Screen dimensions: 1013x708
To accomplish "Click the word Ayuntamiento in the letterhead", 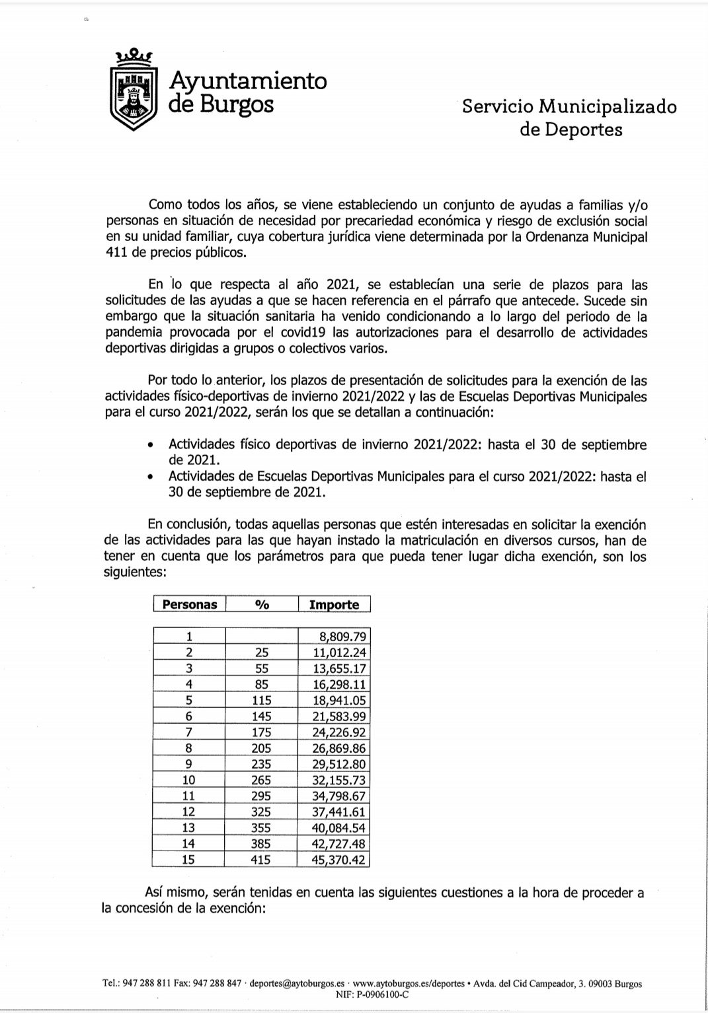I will (x=248, y=81).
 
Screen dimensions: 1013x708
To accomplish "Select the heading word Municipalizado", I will (x=608, y=106).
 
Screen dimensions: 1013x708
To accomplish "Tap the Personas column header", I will (x=190, y=604).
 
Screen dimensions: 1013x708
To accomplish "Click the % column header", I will (x=262, y=604).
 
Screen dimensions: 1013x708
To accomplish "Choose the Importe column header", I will (x=334, y=604).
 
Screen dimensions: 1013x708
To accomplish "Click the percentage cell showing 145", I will (x=262, y=716).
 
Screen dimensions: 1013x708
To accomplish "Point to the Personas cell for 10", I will (x=188, y=780).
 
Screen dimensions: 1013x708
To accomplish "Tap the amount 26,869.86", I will (x=339, y=748).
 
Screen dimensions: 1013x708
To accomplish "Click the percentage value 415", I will (x=262, y=860).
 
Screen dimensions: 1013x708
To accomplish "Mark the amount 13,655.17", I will (x=339, y=668).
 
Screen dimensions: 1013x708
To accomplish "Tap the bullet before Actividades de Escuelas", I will (x=153, y=477).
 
